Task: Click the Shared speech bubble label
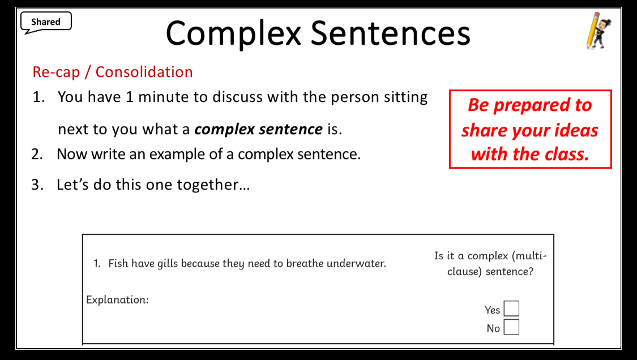click(46, 22)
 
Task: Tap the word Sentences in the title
click(391, 33)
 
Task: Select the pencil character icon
click(598, 31)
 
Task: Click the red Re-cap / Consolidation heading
click(113, 72)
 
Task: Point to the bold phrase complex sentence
click(258, 129)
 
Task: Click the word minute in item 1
click(164, 97)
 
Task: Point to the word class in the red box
click(567, 154)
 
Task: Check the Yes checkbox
click(511, 308)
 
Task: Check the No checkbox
click(511, 327)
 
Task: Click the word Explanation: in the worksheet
click(117, 299)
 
